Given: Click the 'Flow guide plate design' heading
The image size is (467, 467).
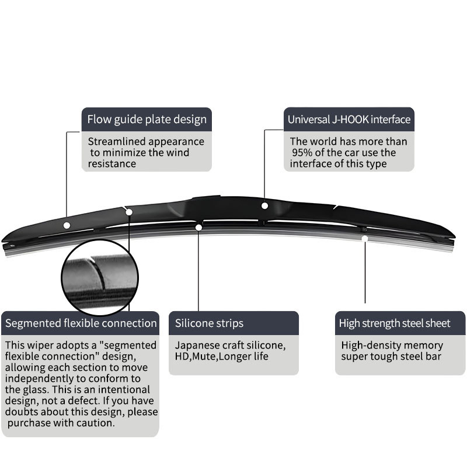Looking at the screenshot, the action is coord(147,120).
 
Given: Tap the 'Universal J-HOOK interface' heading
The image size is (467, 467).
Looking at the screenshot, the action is coord(349,120).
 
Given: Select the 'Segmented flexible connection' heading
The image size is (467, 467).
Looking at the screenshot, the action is coord(81,323).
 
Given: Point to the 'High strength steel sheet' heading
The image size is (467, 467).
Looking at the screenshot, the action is coord(395,323).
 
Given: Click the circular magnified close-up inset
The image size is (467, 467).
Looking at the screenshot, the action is coord(99,277).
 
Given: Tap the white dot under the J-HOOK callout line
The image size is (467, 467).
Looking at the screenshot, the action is coord(265,205).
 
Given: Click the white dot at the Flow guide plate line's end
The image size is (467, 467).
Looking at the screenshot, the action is coord(67,225).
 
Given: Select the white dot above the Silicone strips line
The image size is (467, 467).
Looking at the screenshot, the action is coord(199,227).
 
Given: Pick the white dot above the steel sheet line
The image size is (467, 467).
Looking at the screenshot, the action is coord(365,238).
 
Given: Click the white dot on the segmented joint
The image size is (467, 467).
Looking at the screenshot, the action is coord(129,212).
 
